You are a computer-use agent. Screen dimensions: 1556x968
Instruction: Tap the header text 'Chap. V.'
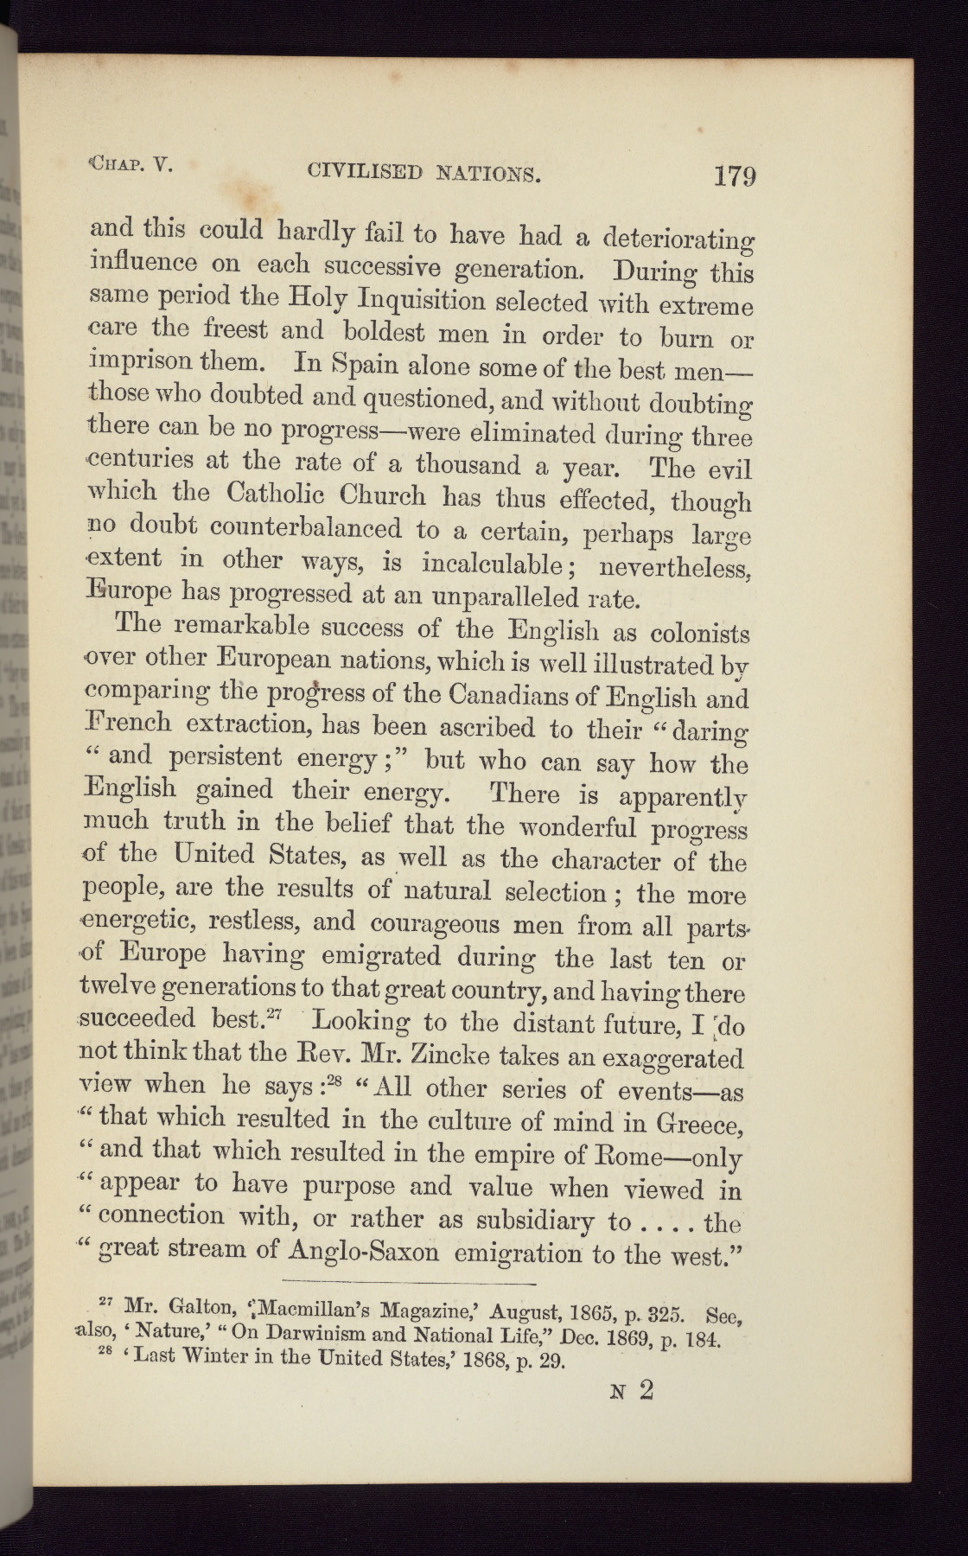tap(131, 164)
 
